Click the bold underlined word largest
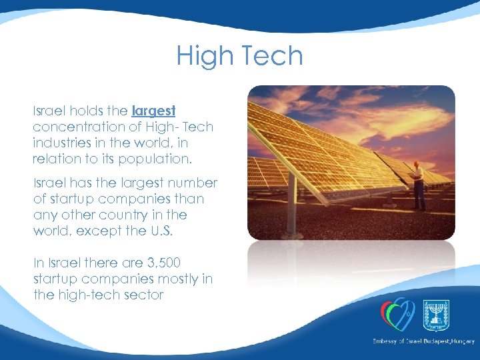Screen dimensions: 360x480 click(x=153, y=110)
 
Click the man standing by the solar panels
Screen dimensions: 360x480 click(x=418, y=185)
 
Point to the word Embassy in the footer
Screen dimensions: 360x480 click(x=387, y=341)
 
